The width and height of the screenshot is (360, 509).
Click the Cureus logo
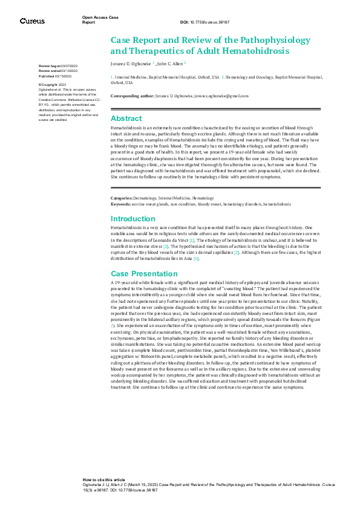coord(31,21)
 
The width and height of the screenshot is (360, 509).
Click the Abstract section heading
coord(126,118)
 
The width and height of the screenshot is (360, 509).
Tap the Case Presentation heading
coord(144,273)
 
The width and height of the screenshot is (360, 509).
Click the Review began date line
coord(58,65)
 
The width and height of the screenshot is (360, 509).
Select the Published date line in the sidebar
coord(55,77)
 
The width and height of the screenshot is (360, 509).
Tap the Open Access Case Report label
coord(100,19)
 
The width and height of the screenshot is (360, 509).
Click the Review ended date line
coord(58,71)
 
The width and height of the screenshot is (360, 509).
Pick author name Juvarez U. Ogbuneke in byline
coord(131,63)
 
